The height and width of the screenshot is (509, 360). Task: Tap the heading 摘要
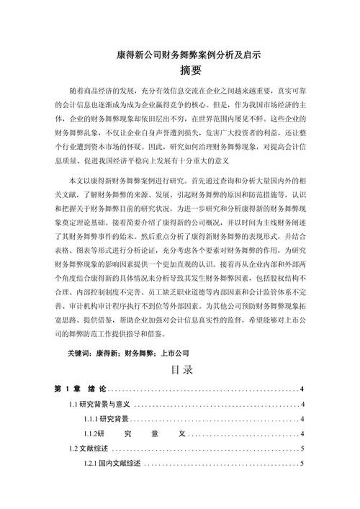(180, 71)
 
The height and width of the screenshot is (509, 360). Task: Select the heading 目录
(181, 370)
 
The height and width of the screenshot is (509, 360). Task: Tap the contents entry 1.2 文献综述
(89, 449)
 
